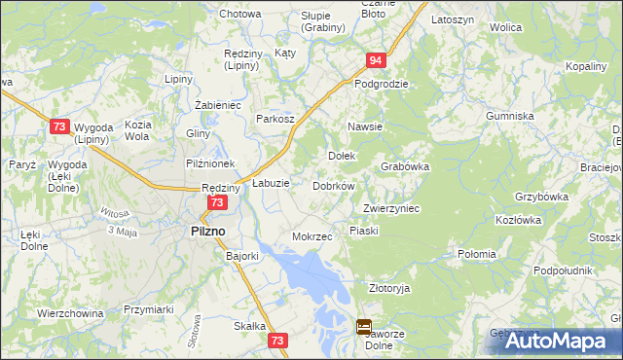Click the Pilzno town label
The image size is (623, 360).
[x=203, y=231]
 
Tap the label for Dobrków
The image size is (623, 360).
[x=333, y=185]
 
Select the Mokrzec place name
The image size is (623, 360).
[x=312, y=236]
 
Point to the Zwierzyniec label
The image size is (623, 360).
[x=390, y=208]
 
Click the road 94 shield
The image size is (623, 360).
[x=375, y=60]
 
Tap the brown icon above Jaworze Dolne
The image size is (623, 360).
[x=363, y=328]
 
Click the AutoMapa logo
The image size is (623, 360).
[x=557, y=340]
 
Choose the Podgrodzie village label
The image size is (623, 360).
[x=382, y=84]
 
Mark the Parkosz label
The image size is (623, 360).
[x=275, y=119]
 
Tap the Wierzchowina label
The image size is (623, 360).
[x=70, y=313]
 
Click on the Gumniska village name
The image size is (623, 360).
[x=511, y=116]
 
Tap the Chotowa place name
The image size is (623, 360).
[x=240, y=15]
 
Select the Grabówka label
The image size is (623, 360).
[x=406, y=166]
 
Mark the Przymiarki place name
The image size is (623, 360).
[x=149, y=308]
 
